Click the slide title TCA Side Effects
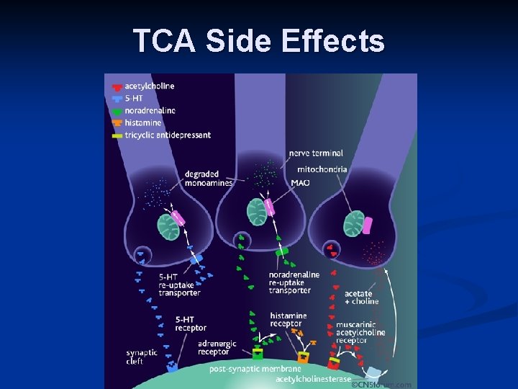(x=259, y=41)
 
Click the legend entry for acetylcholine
(x=149, y=86)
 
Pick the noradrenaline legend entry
(x=150, y=111)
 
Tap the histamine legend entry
(x=143, y=123)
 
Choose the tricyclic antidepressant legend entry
(x=167, y=135)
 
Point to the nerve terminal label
(x=316, y=153)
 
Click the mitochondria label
(x=322, y=169)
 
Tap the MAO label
(x=300, y=183)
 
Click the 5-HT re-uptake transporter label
(x=179, y=285)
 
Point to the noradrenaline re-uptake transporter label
(x=294, y=282)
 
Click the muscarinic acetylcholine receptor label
(x=360, y=332)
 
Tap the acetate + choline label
(x=361, y=298)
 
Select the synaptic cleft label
(x=141, y=357)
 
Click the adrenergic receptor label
(x=217, y=348)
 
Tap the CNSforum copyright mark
(x=381, y=385)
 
